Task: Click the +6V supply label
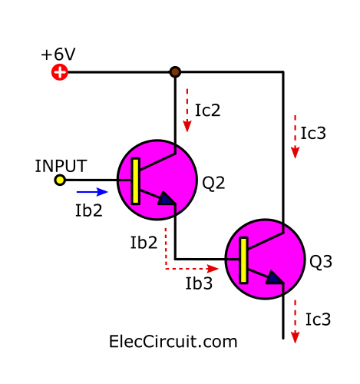(x=58, y=55)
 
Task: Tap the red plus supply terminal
(x=60, y=72)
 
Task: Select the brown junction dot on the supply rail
(x=175, y=72)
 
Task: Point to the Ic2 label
(x=207, y=111)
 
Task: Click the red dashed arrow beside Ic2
(x=187, y=111)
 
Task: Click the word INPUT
(x=61, y=166)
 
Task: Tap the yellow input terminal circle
(x=60, y=180)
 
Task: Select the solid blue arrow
(x=92, y=192)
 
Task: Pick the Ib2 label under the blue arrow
(x=89, y=210)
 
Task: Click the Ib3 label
(x=199, y=283)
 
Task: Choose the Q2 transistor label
(x=213, y=183)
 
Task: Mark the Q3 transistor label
(x=321, y=262)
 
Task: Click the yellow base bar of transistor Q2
(x=136, y=181)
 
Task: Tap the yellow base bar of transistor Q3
(x=243, y=260)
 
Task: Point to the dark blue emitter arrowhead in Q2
(x=167, y=198)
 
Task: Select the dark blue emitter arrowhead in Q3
(x=275, y=277)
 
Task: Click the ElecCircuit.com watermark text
(x=173, y=342)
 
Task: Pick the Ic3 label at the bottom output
(x=318, y=319)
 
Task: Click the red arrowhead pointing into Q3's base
(x=213, y=269)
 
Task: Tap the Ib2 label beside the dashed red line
(x=144, y=243)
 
